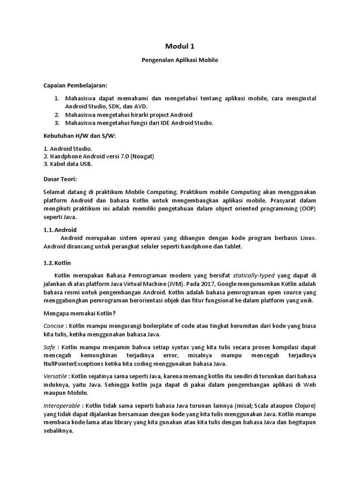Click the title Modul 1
coord(180,46)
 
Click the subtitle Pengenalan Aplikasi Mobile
coord(180,60)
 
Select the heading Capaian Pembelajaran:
coord(75,85)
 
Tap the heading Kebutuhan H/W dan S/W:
coord(79,135)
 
